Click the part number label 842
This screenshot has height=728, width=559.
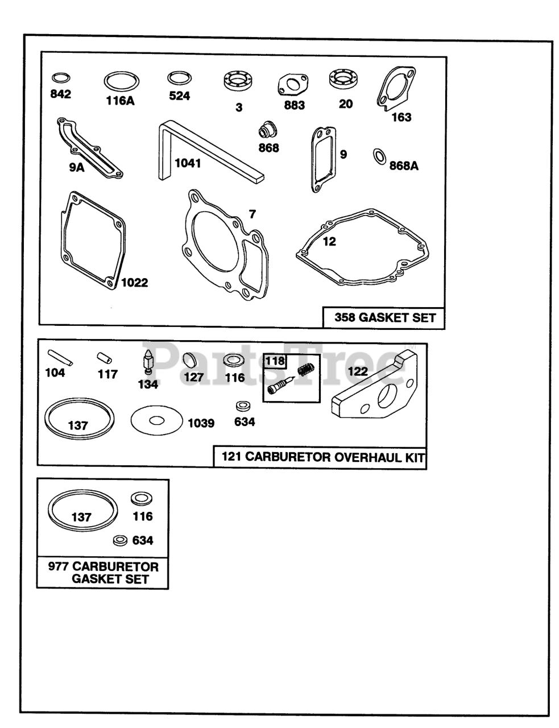(61, 94)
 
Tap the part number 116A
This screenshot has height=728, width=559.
(120, 101)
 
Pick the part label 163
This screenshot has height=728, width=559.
(401, 117)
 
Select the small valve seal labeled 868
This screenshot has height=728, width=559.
(268, 129)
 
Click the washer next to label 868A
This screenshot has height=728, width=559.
(379, 156)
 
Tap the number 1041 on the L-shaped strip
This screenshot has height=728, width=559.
(188, 163)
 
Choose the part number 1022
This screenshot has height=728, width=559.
(134, 283)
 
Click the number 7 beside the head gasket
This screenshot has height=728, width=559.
(252, 214)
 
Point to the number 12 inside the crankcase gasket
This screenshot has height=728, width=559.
(329, 242)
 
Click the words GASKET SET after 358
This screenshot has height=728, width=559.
(397, 317)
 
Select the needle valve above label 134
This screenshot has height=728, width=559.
(147, 362)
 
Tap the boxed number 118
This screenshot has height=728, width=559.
(275, 361)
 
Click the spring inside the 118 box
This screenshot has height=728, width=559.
(305, 370)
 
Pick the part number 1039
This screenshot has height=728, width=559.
(201, 423)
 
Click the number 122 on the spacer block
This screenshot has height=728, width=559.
(358, 371)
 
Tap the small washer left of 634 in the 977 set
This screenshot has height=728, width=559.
(120, 541)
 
